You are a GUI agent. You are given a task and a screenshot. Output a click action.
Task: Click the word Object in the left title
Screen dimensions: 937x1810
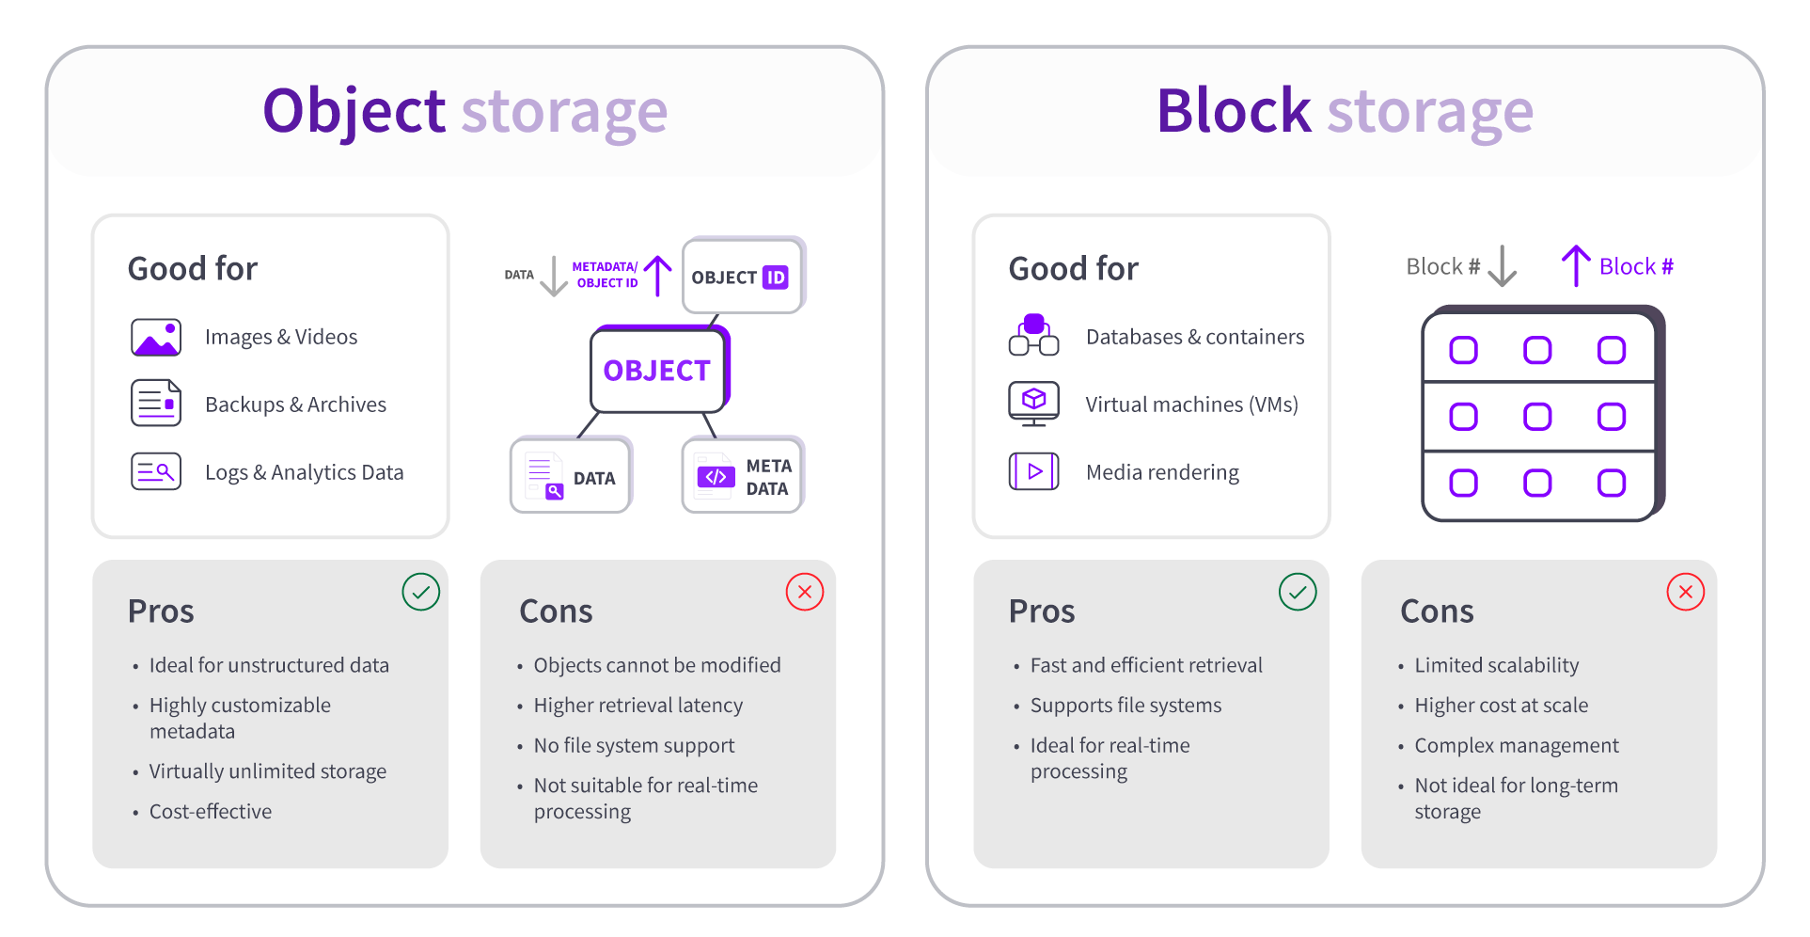[354, 111]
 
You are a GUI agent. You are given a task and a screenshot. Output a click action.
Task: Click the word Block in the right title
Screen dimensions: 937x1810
[1233, 111]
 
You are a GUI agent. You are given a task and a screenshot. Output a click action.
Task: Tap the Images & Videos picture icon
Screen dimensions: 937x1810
[156, 337]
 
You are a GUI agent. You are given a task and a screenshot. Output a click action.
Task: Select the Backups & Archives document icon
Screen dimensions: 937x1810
[156, 404]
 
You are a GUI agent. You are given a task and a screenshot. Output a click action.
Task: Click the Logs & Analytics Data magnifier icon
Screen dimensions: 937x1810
[156, 471]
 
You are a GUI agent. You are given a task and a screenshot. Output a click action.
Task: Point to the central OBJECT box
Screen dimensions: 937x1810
[657, 371]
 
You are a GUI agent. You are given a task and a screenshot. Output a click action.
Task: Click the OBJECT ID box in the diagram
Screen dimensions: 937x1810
[742, 277]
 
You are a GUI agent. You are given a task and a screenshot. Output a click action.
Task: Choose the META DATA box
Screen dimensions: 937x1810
[742, 476]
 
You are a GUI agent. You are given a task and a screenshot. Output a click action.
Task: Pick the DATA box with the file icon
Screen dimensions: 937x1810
[571, 476]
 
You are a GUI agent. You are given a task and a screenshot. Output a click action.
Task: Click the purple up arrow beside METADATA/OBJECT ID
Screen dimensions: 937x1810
[658, 275]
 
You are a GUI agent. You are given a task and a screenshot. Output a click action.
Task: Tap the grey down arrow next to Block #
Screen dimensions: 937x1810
[1503, 266]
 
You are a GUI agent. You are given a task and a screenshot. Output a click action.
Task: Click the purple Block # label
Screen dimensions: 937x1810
[1636, 266]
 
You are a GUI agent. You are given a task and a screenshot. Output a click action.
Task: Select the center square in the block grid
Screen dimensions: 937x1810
[1537, 416]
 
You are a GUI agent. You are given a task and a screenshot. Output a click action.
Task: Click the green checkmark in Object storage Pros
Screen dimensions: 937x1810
[420, 592]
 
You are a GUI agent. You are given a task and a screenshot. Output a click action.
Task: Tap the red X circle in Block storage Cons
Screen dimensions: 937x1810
[1685, 592]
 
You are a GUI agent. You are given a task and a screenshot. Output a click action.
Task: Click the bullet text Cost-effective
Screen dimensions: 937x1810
[211, 811]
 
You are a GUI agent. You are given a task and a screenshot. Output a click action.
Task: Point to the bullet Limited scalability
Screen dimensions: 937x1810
[1496, 665]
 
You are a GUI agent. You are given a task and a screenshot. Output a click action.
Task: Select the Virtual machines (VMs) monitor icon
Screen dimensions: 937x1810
[1033, 404]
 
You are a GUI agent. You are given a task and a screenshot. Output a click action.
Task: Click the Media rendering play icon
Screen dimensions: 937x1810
[1033, 471]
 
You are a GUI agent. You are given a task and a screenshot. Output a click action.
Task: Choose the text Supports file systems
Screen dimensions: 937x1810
[1125, 705]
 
